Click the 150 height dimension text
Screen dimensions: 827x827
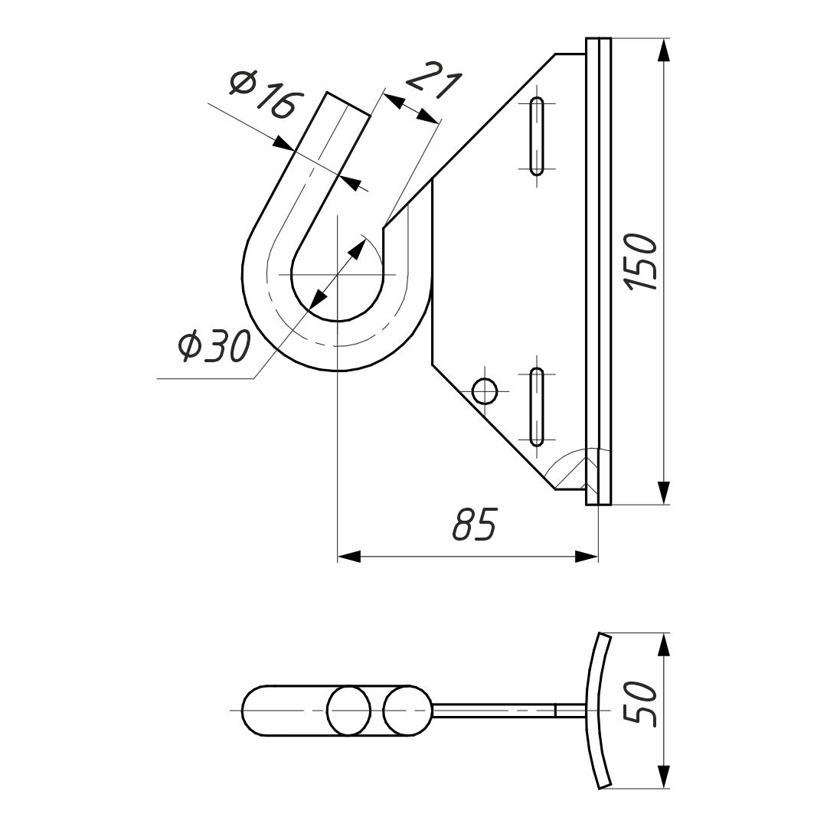tap(642, 262)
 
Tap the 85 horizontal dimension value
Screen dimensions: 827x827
tap(475, 525)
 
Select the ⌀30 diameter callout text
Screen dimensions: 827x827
tap(214, 345)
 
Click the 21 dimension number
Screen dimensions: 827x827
tap(433, 80)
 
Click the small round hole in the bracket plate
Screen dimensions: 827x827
tap(484, 391)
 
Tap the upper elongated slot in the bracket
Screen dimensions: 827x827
tap(537, 136)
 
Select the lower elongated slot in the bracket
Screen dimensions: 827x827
tap(537, 407)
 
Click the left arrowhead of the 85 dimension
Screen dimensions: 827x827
tap(349, 556)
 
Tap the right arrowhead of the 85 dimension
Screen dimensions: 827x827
tap(587, 556)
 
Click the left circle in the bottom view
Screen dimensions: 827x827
tap(349, 711)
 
